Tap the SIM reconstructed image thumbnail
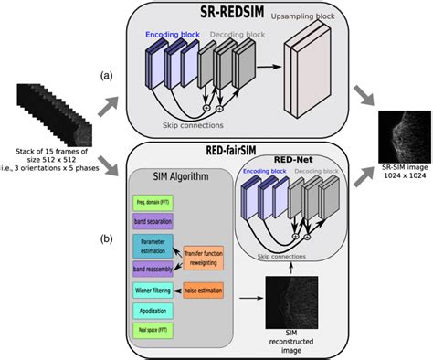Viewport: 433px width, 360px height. point(288,302)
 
